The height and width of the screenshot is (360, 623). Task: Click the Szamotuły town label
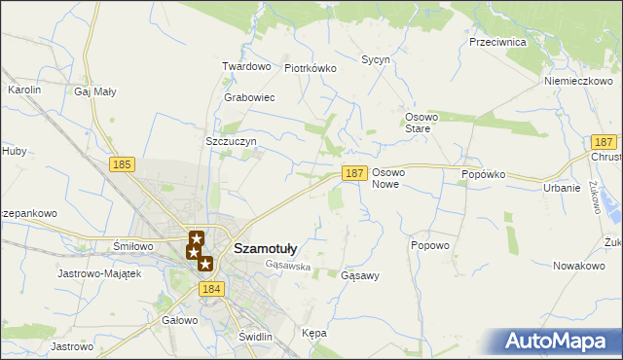[266, 248]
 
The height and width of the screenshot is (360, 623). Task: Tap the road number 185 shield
[122, 165]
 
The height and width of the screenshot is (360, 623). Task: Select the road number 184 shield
[211, 289]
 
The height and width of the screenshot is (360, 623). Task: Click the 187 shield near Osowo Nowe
[354, 173]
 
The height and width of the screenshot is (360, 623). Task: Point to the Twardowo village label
[245, 66]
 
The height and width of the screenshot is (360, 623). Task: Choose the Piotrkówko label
[310, 68]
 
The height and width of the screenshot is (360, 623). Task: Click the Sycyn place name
[376, 59]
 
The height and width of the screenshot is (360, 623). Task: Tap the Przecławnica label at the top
[497, 43]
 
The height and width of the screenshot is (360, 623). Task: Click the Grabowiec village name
[249, 98]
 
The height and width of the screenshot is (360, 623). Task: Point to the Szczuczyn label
[231, 141]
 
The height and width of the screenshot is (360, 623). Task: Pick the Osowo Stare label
[422, 123]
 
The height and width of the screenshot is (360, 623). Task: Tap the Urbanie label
[562, 188]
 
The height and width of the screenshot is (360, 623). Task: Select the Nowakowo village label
[579, 266]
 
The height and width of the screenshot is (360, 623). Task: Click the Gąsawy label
[360, 275]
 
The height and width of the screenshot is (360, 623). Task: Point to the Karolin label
[24, 90]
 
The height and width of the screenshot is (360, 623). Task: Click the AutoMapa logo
[560, 341]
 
